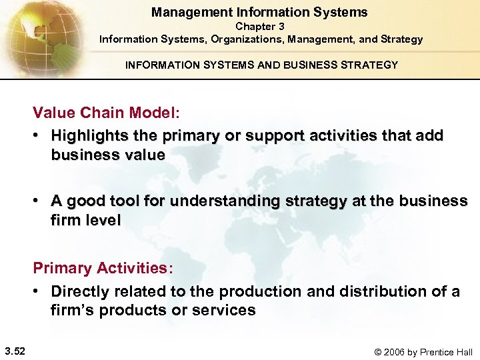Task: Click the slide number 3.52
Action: (15, 351)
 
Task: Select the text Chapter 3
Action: (260, 27)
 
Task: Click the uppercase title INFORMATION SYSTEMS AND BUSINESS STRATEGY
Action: (261, 65)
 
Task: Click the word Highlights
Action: (90, 136)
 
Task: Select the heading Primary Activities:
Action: (103, 269)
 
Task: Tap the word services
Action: (225, 311)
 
